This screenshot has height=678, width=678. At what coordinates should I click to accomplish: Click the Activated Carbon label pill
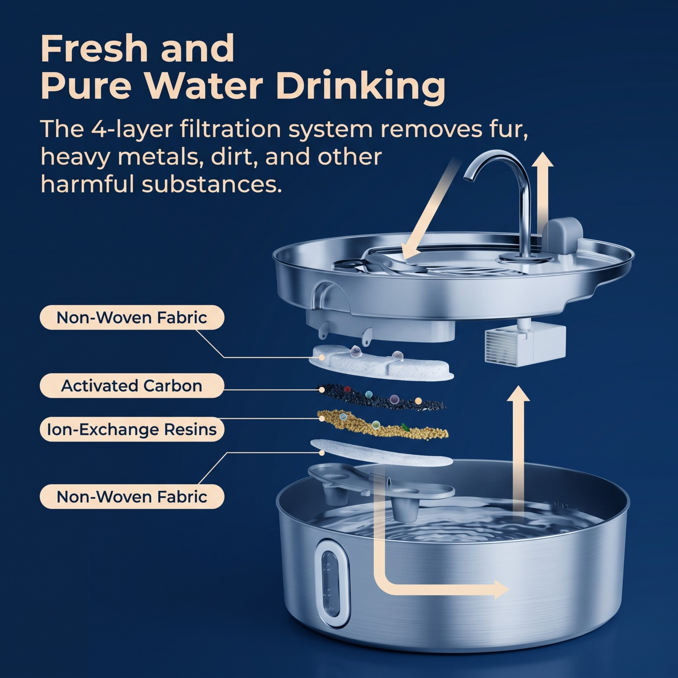click(x=132, y=386)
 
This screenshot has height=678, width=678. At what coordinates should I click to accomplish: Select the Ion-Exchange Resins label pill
click(x=132, y=429)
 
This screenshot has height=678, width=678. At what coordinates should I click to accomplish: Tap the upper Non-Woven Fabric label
click(x=132, y=318)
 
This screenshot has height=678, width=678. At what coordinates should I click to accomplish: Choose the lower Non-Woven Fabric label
click(x=132, y=496)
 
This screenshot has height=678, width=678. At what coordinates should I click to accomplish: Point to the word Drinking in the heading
click(x=361, y=88)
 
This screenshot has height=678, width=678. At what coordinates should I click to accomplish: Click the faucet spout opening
click(x=469, y=179)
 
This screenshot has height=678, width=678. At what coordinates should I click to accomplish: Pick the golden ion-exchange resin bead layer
click(x=383, y=425)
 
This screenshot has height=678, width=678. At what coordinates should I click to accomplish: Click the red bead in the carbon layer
click(x=347, y=389)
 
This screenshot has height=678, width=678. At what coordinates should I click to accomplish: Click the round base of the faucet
click(x=524, y=258)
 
